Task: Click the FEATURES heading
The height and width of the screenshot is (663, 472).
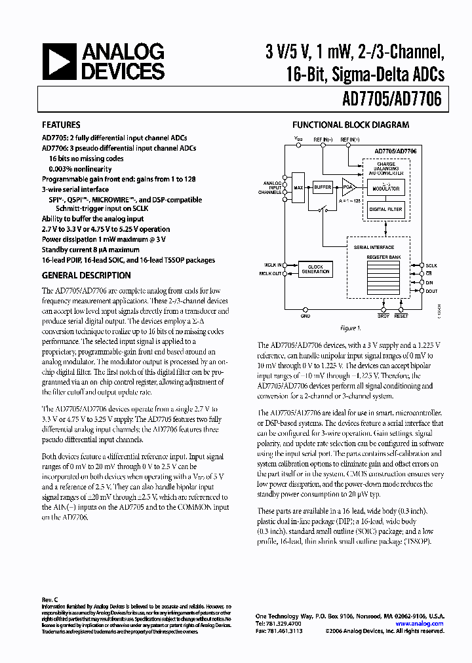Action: (61, 124)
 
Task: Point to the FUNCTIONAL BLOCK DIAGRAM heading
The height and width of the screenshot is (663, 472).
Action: (351, 124)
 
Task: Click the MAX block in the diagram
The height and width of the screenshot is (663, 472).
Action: (299, 187)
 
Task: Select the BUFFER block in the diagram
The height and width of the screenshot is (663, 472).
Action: (323, 187)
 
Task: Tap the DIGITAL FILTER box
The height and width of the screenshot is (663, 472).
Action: (386, 210)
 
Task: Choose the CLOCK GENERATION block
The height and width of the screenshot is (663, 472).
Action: (316, 269)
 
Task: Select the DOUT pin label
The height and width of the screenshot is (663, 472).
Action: (431, 290)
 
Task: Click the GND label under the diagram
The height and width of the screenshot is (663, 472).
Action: (305, 316)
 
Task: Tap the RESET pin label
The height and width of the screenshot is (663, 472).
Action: (401, 316)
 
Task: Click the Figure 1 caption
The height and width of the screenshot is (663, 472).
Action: (351, 328)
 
